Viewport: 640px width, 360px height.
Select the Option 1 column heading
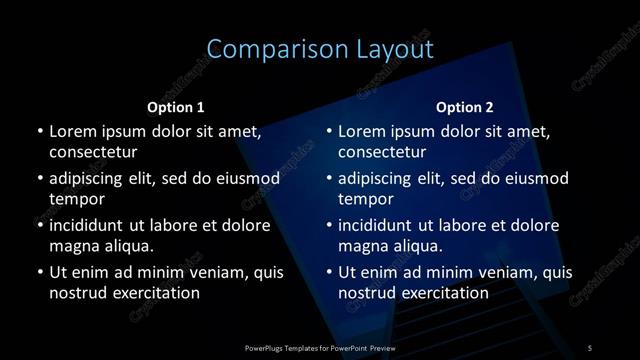176,107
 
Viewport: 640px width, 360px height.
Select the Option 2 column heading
465,107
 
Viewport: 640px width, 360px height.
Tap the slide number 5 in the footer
589,347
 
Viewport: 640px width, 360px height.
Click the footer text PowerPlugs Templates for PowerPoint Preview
320,347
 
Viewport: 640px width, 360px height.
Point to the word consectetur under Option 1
93,152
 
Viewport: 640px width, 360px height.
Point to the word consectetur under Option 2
382,152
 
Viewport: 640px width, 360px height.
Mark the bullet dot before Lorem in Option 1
39,131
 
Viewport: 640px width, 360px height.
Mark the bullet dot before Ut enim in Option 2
328,272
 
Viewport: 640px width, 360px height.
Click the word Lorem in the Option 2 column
362,131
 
